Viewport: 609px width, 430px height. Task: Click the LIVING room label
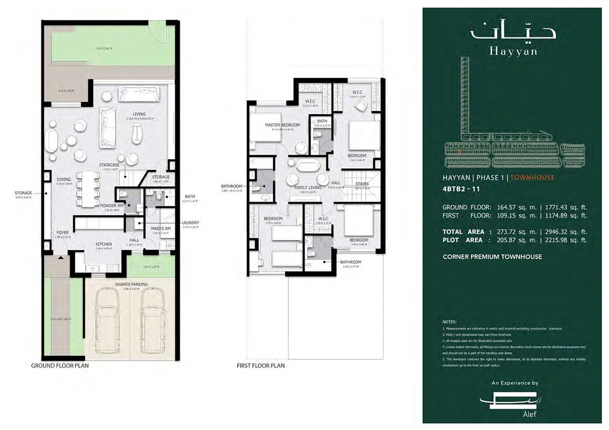click(139, 114)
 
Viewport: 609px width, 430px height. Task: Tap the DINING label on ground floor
click(64, 181)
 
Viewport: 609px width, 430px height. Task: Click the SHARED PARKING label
click(131, 284)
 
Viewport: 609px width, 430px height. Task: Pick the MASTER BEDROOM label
click(282, 125)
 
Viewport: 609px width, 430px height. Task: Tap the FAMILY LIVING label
click(307, 187)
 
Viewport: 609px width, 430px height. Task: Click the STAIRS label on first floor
click(362, 183)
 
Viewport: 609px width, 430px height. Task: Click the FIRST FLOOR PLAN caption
click(261, 365)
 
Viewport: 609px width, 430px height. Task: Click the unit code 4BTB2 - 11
click(462, 188)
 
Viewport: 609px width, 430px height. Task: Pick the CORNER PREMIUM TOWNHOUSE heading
click(492, 257)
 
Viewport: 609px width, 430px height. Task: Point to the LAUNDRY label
click(190, 223)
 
